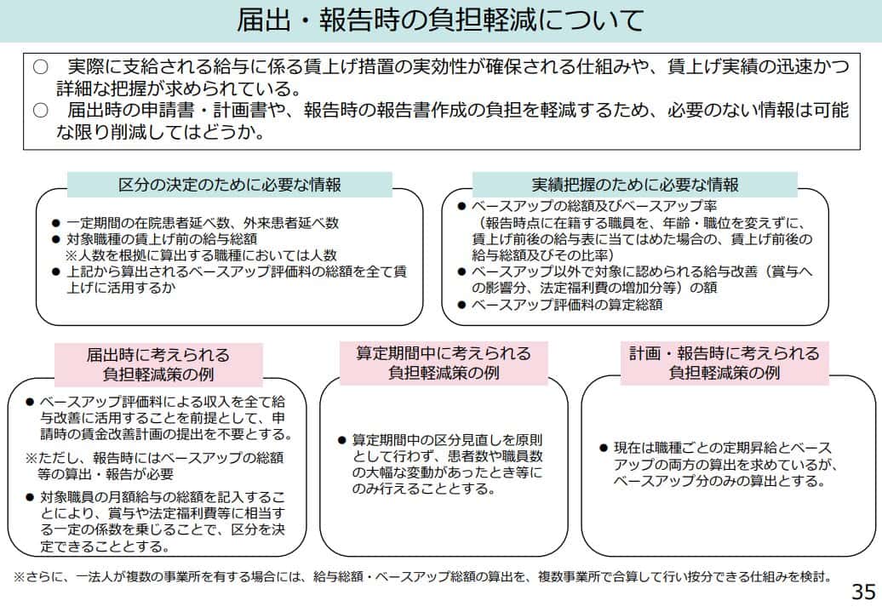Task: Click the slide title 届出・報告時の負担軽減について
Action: click(440, 20)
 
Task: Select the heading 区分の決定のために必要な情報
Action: click(230, 185)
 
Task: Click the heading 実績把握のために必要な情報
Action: click(634, 185)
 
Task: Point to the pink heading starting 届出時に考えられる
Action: click(158, 364)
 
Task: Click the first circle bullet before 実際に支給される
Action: click(40, 66)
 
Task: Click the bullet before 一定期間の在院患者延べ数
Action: click(56, 223)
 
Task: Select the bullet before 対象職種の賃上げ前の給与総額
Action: click(56, 239)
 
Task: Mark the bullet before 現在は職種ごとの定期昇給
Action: click(604, 448)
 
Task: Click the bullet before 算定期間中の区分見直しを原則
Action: click(341, 440)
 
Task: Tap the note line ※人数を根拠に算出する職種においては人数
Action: click(201, 255)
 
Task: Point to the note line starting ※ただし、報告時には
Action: click(155, 459)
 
